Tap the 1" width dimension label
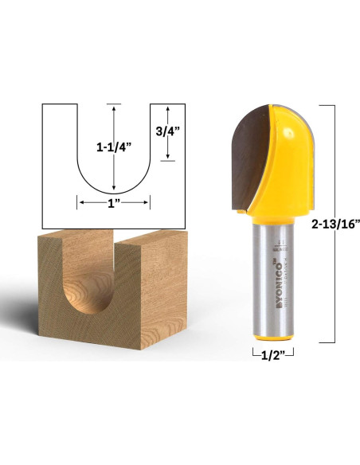tap(113, 203)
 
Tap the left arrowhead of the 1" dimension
tap(79, 203)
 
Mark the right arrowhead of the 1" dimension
tap(147, 203)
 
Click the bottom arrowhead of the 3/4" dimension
tap(167, 158)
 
